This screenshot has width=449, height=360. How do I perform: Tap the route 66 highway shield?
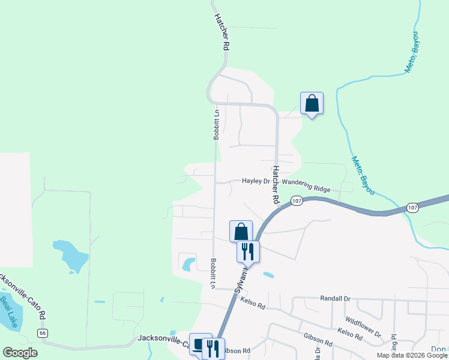coord(42,332)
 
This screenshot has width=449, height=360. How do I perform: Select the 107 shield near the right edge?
coord(412,208)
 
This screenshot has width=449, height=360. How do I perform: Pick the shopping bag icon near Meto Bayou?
coord(312,103)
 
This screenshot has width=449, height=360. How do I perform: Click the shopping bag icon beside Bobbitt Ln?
coord(240,231)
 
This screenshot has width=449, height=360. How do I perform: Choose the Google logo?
coord(20,353)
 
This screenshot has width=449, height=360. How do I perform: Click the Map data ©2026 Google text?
coord(411,355)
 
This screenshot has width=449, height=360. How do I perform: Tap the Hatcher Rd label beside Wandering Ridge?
coord(276,184)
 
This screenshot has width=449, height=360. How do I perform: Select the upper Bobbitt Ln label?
coord(217,124)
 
